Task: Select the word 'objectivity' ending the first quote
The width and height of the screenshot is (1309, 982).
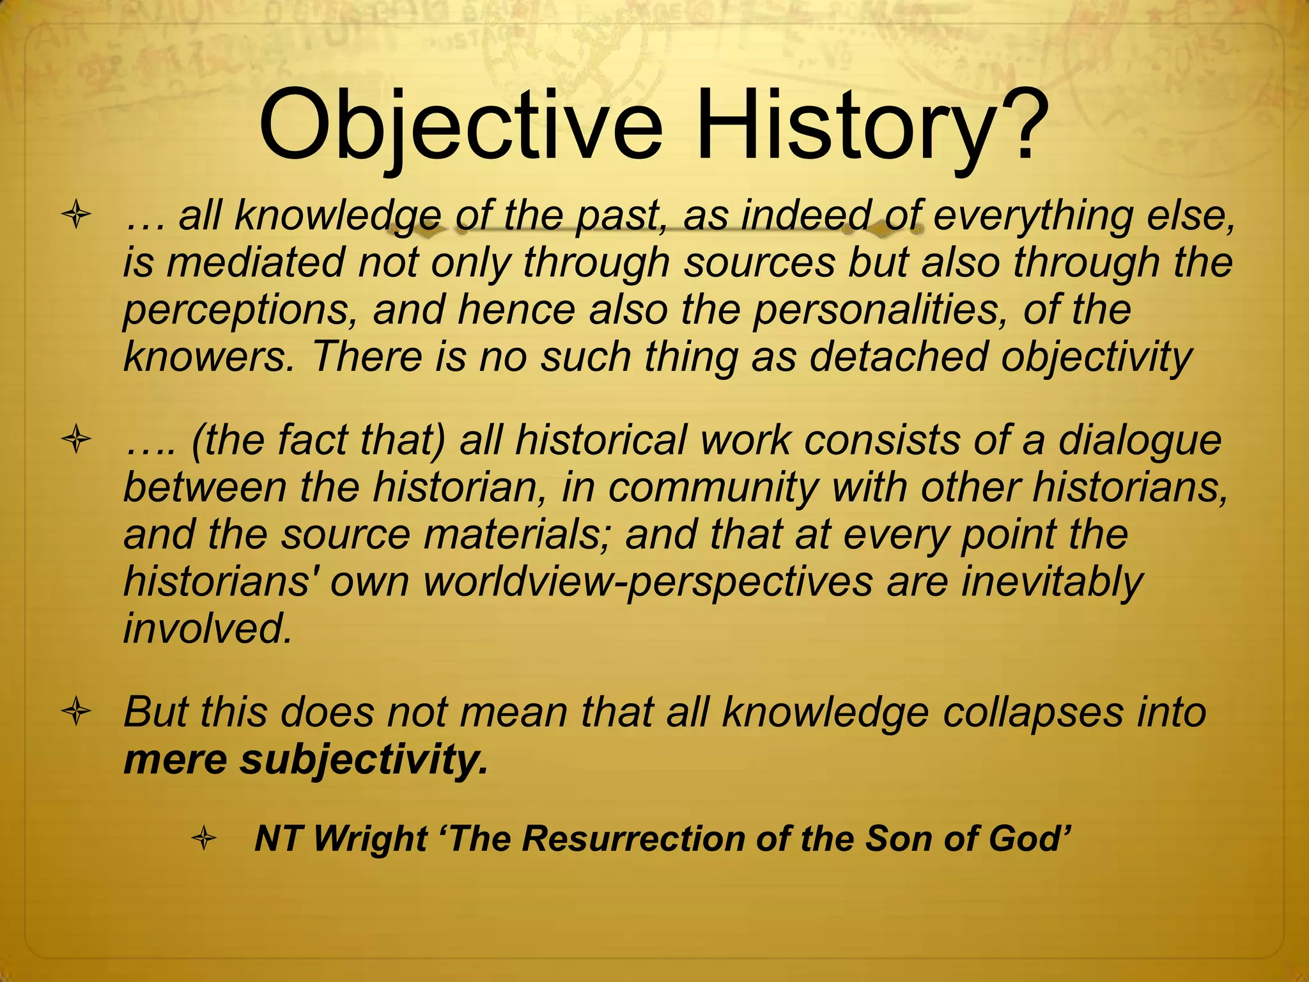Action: (1097, 359)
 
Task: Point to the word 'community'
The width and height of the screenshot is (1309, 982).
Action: (713, 489)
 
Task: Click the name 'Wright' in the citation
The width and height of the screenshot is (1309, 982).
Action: (371, 839)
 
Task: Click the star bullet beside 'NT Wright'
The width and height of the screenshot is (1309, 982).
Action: (204, 839)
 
